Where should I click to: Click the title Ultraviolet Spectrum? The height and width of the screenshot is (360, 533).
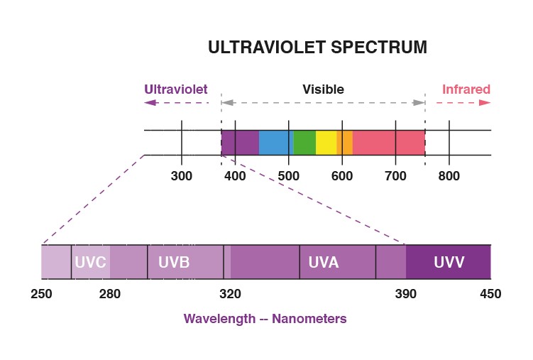(x=317, y=48)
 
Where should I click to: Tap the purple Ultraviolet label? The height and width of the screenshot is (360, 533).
(x=175, y=89)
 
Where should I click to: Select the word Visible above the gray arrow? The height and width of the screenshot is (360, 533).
(x=323, y=89)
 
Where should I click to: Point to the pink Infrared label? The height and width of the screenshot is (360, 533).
(x=466, y=89)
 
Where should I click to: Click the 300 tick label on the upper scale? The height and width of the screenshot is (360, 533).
(x=182, y=176)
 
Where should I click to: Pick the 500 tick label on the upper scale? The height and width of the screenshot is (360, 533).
(x=288, y=176)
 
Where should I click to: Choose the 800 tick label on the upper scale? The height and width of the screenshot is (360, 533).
(x=449, y=176)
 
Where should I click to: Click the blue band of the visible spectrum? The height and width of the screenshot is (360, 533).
(x=274, y=142)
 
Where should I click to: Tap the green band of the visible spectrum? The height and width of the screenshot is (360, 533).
(x=304, y=142)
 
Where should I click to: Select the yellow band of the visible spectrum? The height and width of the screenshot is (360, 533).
(x=326, y=142)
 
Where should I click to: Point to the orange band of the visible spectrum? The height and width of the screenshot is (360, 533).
(x=345, y=142)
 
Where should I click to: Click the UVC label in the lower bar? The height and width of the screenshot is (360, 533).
(x=90, y=262)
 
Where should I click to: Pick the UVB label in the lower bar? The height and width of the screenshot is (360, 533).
(x=174, y=262)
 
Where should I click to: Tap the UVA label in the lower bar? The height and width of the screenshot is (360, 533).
(x=324, y=262)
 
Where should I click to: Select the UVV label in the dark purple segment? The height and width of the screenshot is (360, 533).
(x=449, y=262)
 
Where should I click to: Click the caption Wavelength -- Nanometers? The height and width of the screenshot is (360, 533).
(x=265, y=319)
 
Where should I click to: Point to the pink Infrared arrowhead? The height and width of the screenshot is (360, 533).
(x=485, y=102)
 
